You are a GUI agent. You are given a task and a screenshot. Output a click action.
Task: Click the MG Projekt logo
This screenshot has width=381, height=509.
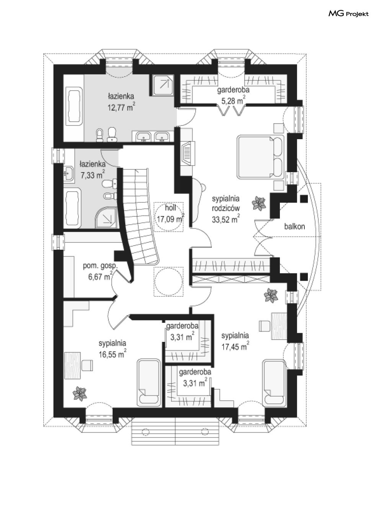pos(348,14)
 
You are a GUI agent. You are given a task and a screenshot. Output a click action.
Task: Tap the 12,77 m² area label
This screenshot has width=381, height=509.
pos(121,107)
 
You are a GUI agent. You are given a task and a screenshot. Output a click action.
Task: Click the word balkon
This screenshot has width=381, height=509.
pos(294,226)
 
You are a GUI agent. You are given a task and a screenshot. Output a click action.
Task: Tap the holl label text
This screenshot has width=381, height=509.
pos(170,208)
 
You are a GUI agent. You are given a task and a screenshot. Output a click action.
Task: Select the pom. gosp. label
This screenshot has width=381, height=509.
pos(100,266)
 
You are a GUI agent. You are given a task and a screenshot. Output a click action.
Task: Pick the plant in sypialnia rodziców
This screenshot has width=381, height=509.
pos(259,203)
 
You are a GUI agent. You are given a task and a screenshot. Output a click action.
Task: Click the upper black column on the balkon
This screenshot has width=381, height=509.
pos(304,199)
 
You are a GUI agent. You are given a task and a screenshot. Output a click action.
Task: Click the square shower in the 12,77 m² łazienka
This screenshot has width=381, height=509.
pos(163,85)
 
